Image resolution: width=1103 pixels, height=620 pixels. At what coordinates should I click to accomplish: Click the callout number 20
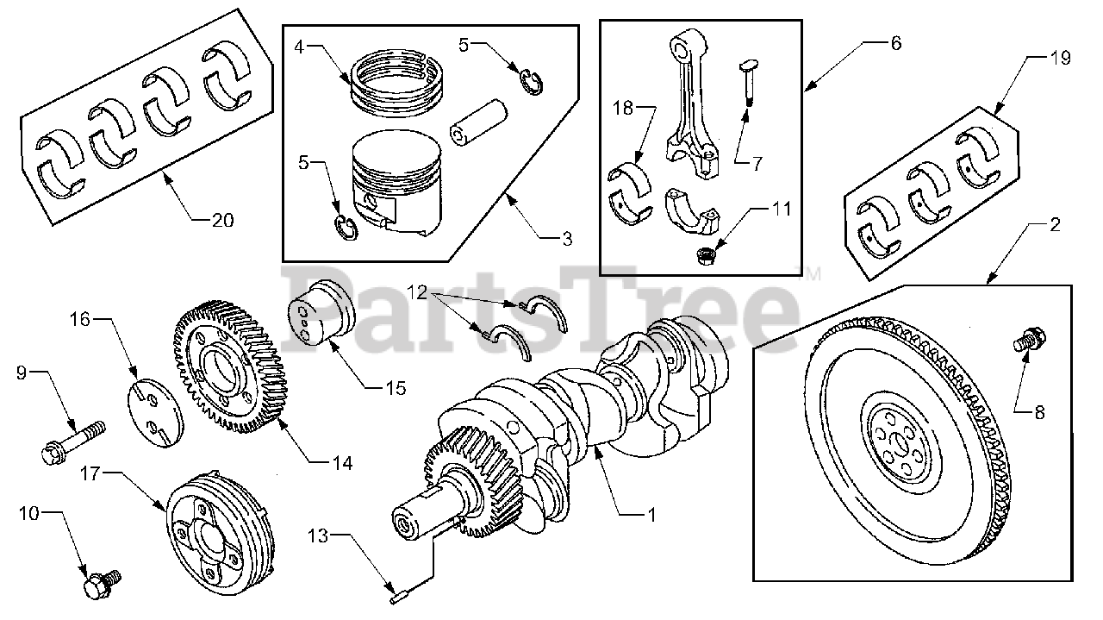click(x=222, y=220)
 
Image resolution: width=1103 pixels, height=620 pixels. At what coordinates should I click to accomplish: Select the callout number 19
click(x=1060, y=59)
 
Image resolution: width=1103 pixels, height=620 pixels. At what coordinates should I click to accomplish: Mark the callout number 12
click(x=418, y=292)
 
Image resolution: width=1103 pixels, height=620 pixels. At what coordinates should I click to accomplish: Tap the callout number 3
click(x=566, y=241)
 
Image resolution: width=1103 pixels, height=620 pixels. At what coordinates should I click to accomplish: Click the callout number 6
click(x=896, y=42)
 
